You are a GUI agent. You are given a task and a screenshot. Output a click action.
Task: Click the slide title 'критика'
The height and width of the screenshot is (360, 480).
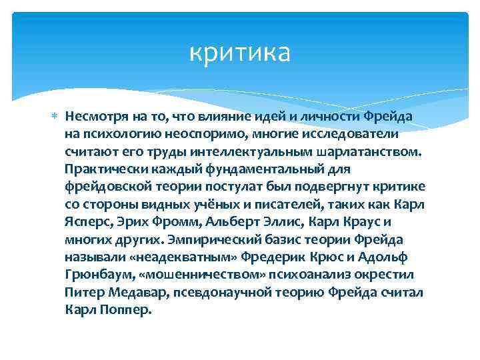pyautogui.click(x=240, y=53)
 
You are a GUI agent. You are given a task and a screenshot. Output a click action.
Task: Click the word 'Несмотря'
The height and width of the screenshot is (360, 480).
pyautogui.click(x=93, y=117)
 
